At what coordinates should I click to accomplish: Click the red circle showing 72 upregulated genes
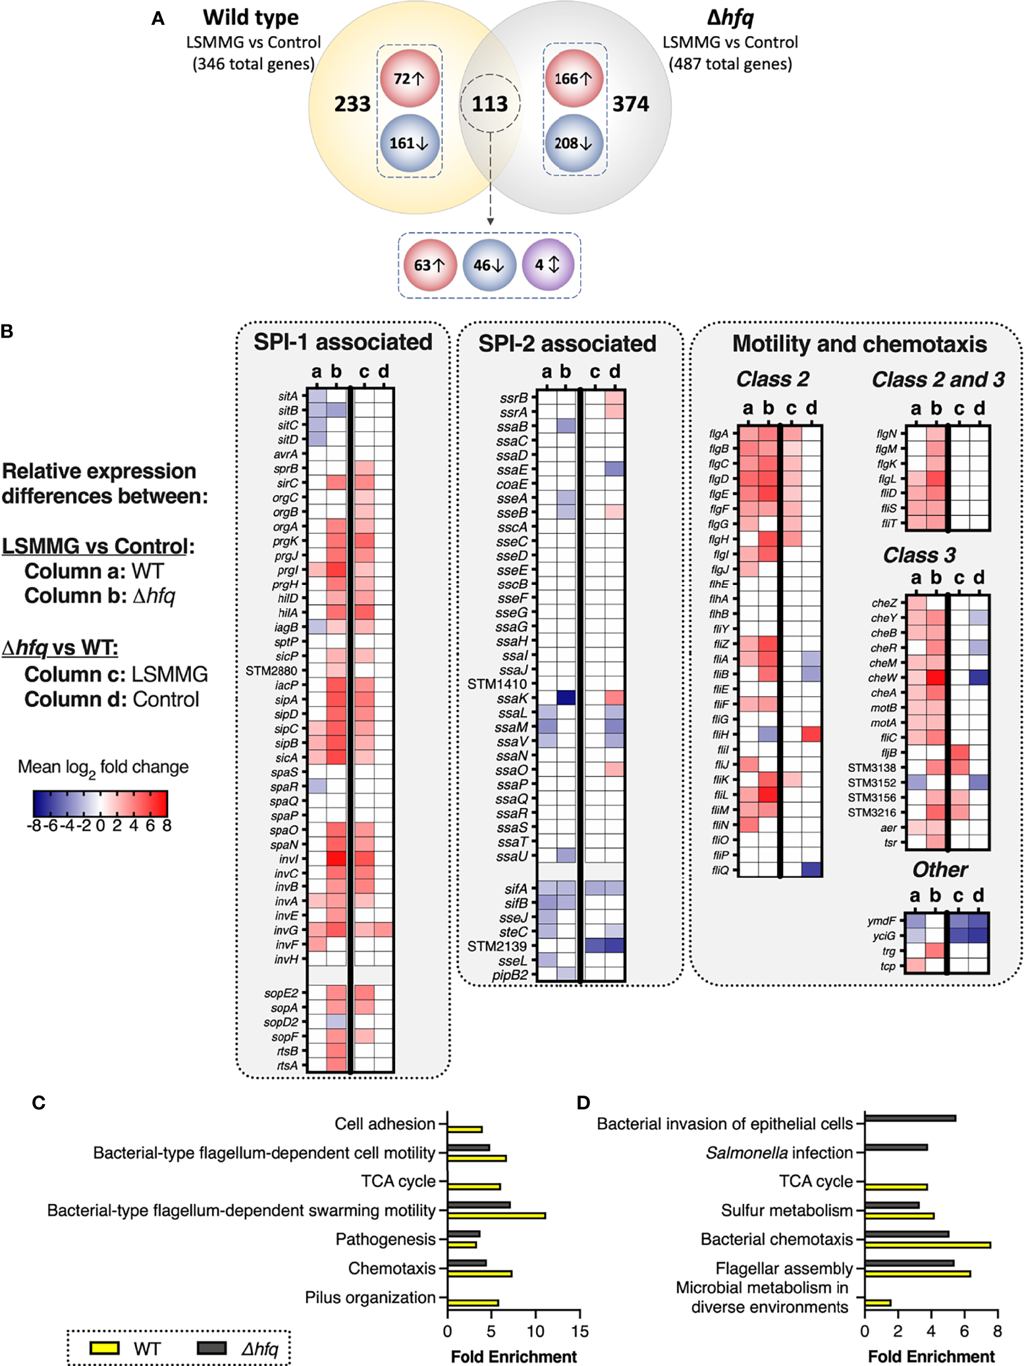pyautogui.click(x=410, y=78)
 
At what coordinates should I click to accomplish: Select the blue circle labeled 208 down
pyautogui.click(x=574, y=143)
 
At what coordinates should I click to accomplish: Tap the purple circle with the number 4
pyautogui.click(x=548, y=265)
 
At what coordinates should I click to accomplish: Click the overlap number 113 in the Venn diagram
pyautogui.click(x=490, y=104)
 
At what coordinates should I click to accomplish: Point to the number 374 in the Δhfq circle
pyautogui.click(x=630, y=104)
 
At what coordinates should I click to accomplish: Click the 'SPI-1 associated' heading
pyautogui.click(x=343, y=342)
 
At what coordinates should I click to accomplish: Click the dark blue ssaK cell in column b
pyautogui.click(x=566, y=697)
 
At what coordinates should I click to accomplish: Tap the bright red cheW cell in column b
pyautogui.click(x=936, y=677)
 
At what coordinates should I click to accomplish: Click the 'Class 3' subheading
pyautogui.click(x=919, y=555)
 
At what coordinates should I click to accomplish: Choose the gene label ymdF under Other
pyautogui.click(x=881, y=921)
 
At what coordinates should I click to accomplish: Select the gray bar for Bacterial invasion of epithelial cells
pyautogui.click(x=909, y=1118)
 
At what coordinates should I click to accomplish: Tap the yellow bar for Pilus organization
pyautogui.click(x=473, y=1302)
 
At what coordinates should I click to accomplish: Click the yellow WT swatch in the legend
pyautogui.click(x=104, y=1348)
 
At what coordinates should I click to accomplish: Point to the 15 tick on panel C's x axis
pyautogui.click(x=579, y=1331)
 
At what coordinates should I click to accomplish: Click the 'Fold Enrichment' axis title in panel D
pyautogui.click(x=930, y=1356)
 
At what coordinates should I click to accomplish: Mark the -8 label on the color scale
pyautogui.click(x=36, y=825)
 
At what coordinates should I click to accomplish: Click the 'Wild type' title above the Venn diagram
pyautogui.click(x=250, y=18)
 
